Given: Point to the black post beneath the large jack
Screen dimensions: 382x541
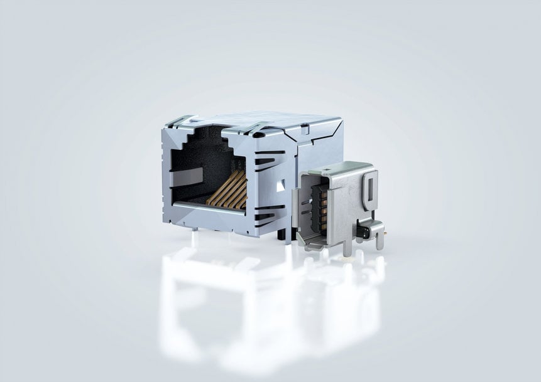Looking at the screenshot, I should (281, 234).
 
